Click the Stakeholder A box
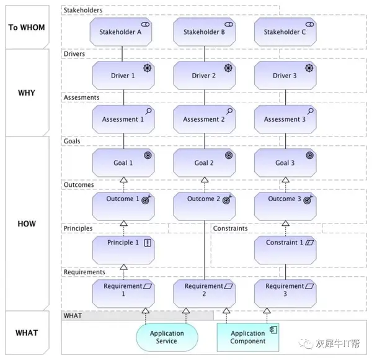point(121,32)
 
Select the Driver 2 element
point(204,76)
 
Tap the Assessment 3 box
point(285,119)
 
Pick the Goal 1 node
point(123,163)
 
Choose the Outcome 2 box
point(204,206)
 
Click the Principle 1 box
point(123,250)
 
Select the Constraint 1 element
point(285,250)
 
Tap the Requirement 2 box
point(204,294)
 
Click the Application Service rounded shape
point(167,337)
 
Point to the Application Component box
point(248,337)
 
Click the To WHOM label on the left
point(27,27)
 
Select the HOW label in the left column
point(27,223)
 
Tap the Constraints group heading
point(230,228)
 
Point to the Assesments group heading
point(81,97)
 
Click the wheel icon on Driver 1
point(148,68)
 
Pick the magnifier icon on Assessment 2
point(229,111)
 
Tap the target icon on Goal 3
point(309,155)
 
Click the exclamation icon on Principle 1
point(148,243)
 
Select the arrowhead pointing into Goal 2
point(205,180)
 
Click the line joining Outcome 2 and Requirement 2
point(205,250)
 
